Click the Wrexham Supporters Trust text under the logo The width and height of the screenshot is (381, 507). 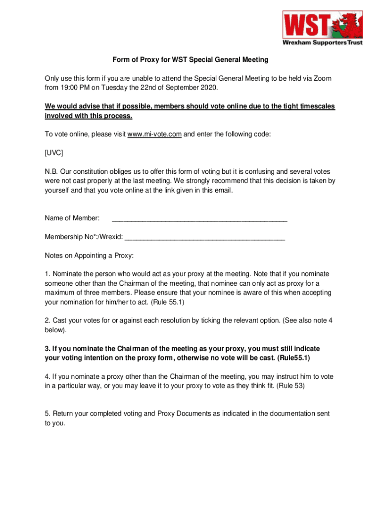click(322, 43)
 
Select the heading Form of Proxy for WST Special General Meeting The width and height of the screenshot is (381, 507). click(190, 60)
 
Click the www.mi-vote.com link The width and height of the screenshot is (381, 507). click(154, 134)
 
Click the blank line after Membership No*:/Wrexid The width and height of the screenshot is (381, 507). click(205, 237)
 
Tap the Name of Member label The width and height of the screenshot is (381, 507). click(72, 218)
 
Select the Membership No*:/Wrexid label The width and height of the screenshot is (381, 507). click(84, 237)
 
